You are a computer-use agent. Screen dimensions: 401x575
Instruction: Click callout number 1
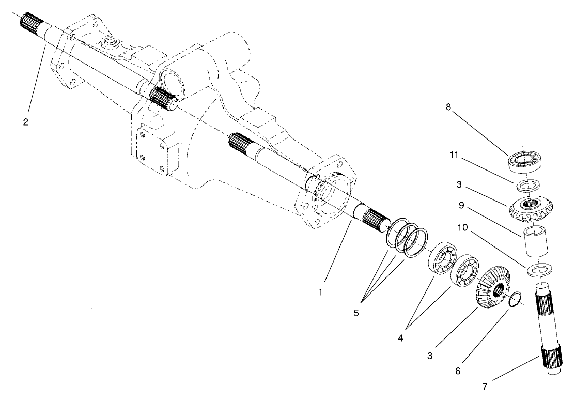(x=320, y=292)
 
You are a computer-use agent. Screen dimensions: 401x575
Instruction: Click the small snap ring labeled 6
(x=515, y=300)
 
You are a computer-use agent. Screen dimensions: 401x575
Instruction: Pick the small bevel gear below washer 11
(x=529, y=207)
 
